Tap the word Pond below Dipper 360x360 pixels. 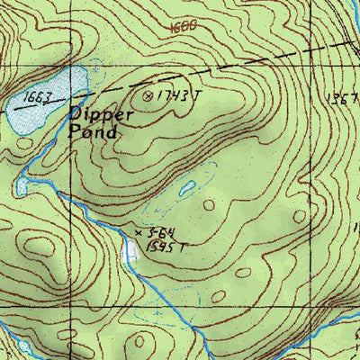tap(93, 131)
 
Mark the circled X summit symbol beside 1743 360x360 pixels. tap(148, 93)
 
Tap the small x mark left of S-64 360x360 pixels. tap(138, 233)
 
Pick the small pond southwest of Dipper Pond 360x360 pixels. tap(22, 186)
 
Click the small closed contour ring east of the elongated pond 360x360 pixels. tap(210, 205)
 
